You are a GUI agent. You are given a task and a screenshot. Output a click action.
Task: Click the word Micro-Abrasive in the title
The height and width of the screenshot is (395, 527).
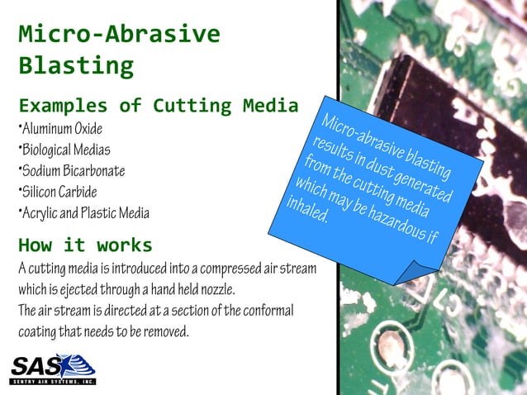[120, 35]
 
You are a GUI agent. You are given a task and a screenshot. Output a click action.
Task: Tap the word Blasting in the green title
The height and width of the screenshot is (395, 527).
[76, 64]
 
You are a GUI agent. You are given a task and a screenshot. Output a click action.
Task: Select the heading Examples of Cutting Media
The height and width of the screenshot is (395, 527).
[159, 106]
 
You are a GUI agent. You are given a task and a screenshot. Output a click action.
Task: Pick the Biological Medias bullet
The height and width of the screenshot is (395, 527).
[65, 150]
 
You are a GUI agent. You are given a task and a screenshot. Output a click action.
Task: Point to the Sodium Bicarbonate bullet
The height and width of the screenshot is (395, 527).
[73, 171]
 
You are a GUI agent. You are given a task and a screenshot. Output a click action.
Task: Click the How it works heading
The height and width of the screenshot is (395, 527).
[85, 245]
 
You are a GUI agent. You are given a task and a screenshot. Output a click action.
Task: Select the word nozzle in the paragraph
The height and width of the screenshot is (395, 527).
[216, 290]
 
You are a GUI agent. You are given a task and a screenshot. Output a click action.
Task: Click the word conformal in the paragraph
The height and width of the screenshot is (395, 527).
[265, 311]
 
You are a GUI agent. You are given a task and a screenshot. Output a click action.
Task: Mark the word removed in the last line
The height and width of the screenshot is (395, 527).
[169, 332]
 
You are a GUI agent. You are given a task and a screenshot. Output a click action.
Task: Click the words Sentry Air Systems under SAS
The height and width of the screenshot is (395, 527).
[53, 382]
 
